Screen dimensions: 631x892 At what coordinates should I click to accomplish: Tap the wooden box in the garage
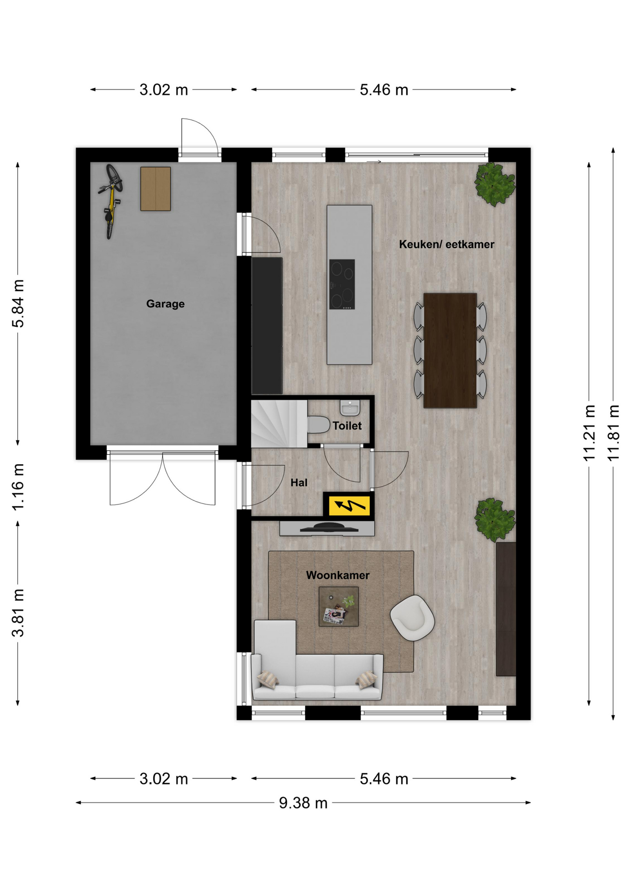156,189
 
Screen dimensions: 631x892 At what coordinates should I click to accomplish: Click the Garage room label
165,304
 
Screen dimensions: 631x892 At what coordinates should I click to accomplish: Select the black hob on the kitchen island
342,284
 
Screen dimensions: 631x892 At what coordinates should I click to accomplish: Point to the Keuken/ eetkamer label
447,244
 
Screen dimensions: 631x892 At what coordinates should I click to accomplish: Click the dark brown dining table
450,350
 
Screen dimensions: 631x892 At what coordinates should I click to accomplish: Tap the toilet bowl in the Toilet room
319,425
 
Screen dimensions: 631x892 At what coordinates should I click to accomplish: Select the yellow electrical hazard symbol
349,505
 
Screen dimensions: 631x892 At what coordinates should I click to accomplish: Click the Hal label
299,483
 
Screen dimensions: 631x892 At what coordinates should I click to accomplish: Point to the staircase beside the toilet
279,424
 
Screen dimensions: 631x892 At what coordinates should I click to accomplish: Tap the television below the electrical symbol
329,527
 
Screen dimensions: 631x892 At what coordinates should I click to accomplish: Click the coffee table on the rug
339,606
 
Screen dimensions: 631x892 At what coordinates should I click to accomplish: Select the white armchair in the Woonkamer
412,618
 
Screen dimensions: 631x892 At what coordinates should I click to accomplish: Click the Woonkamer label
338,575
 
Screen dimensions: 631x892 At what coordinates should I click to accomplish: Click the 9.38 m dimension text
303,803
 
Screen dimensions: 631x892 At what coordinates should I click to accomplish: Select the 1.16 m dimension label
18,487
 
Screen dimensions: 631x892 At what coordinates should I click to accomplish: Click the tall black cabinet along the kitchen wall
267,326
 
